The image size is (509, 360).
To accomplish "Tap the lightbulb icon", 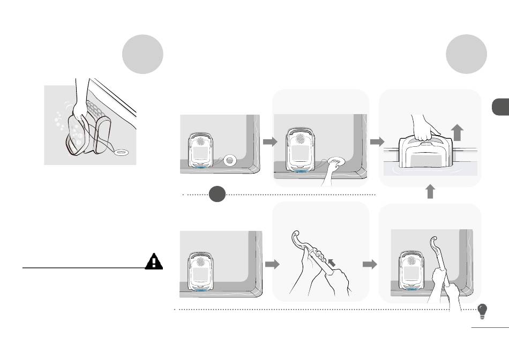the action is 483,311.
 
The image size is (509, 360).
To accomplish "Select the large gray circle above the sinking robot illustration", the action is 142,55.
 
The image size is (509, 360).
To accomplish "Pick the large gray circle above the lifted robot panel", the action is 467,55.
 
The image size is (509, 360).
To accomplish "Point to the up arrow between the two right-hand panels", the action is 430,192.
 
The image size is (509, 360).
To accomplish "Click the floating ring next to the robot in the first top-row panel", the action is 231,160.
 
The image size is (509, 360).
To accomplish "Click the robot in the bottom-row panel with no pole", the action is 201,270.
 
